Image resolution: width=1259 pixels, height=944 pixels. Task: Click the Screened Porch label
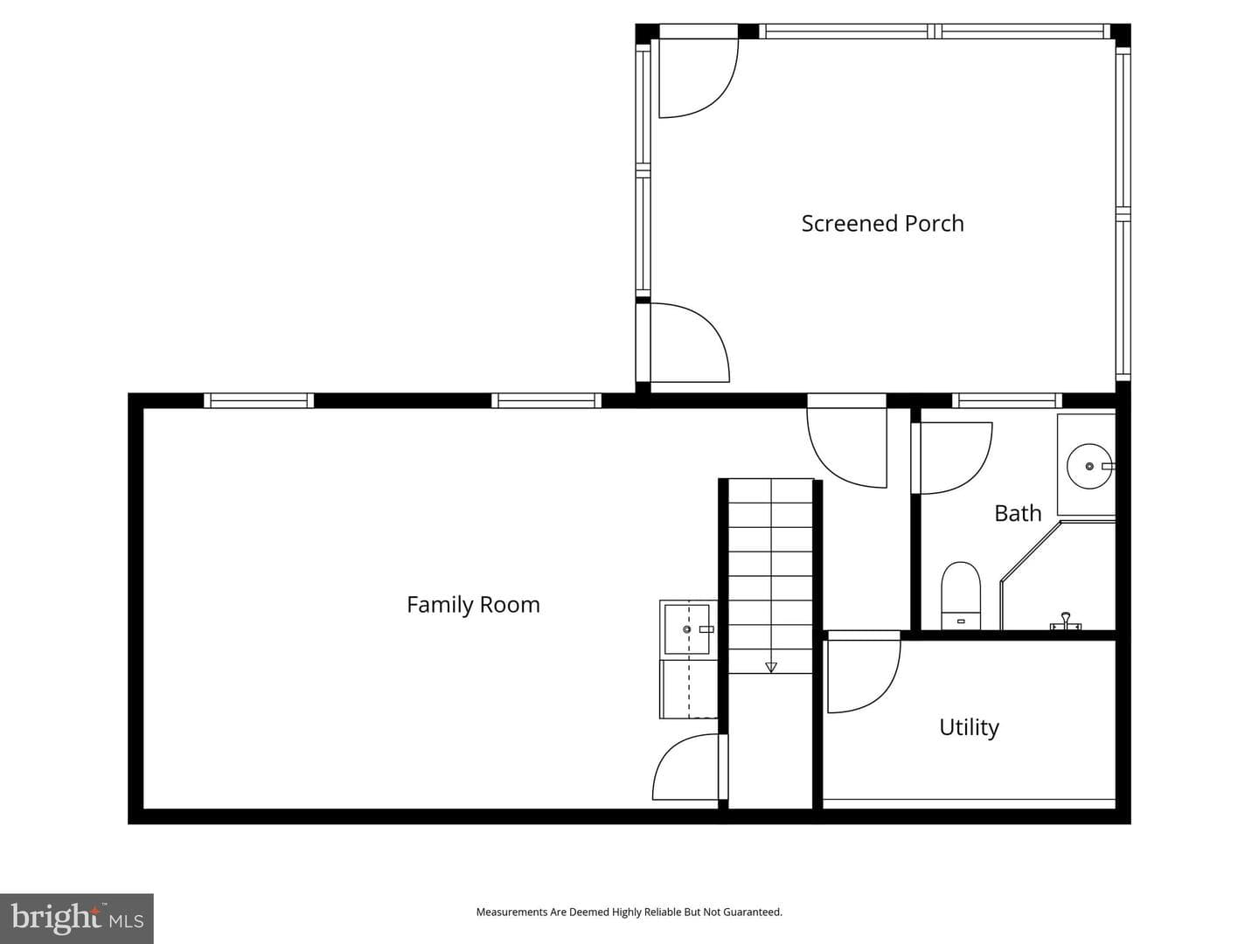point(882,224)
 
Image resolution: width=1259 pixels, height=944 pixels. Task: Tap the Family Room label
point(473,605)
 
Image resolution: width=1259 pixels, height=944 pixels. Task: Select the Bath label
point(1018,513)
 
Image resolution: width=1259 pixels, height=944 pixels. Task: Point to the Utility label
point(969,727)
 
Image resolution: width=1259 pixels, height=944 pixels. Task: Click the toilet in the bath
point(961,596)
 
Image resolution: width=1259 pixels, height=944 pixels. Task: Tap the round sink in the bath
point(1089,466)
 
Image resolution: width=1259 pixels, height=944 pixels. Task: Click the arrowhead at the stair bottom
point(771,668)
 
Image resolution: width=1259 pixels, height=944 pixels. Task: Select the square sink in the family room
point(687,629)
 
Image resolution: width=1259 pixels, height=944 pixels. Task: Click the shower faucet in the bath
point(1066,621)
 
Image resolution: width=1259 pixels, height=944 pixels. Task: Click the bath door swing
point(952,458)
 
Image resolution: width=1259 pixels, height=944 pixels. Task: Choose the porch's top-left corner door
point(699,72)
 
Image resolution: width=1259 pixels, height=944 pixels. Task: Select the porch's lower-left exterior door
point(683,343)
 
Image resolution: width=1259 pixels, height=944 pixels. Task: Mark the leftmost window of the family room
point(259,400)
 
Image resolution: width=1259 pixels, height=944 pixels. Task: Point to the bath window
point(1007,400)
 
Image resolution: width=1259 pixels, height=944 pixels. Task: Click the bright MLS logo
point(77,918)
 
